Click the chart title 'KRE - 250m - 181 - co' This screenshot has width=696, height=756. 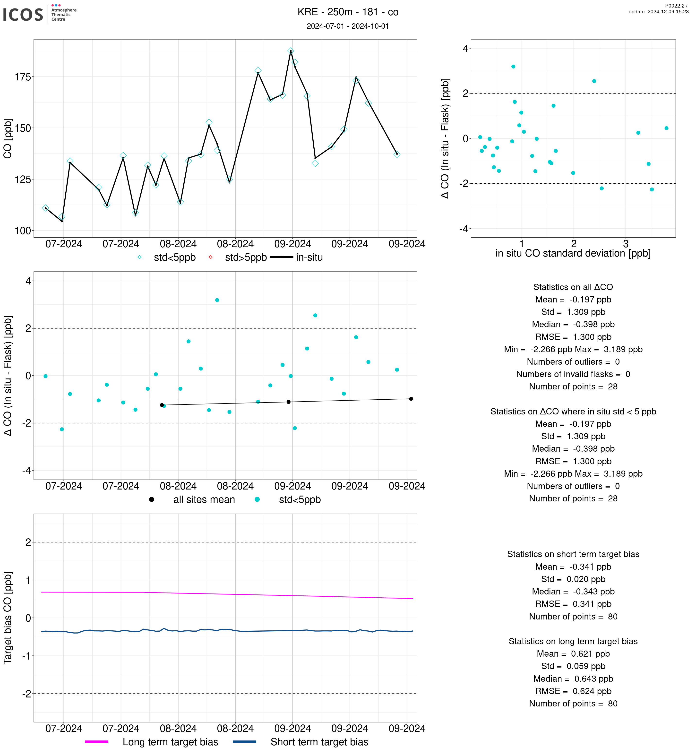(348, 12)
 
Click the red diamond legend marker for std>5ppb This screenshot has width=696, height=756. (211, 257)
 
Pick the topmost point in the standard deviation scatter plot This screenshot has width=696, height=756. (513, 67)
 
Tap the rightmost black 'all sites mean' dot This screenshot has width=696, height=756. (411, 399)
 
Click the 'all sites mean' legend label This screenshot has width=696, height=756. (204, 499)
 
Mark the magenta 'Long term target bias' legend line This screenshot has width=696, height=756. (97, 742)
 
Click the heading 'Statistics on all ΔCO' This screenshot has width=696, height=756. (573, 287)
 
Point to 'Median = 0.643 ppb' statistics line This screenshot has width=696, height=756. (573, 679)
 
